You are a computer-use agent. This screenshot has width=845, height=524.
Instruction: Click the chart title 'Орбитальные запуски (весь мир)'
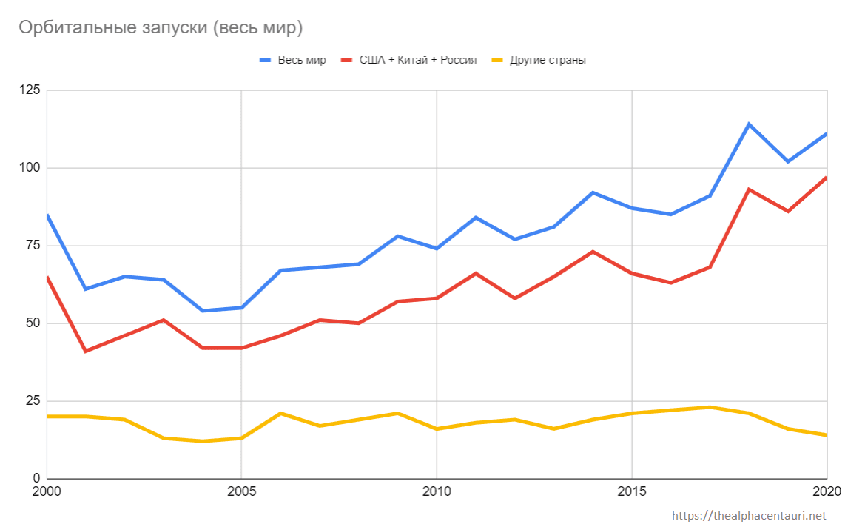pyautogui.click(x=161, y=28)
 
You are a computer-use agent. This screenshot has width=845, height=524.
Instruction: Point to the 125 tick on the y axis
pyautogui.click(x=30, y=90)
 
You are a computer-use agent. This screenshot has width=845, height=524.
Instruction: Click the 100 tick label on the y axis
pyautogui.click(x=30, y=168)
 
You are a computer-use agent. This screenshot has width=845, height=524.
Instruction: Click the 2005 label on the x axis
pyautogui.click(x=241, y=491)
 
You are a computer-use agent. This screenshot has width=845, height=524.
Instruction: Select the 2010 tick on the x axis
pyautogui.click(x=437, y=491)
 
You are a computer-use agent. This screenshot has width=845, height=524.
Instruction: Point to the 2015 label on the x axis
pyautogui.click(x=632, y=491)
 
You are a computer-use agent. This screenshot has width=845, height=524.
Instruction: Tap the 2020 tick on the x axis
pyautogui.click(x=826, y=491)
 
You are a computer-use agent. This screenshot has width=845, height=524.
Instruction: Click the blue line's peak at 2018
pyautogui.click(x=749, y=124)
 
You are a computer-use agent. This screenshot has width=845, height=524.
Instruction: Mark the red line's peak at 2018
pyautogui.click(x=749, y=189)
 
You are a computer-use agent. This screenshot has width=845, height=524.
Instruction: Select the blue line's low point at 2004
pyautogui.click(x=202, y=311)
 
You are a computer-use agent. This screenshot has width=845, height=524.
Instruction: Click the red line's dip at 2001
pyautogui.click(x=85, y=351)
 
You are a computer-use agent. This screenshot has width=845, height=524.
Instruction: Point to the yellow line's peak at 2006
pyautogui.click(x=280, y=413)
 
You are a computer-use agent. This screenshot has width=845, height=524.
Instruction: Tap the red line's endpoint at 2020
pyautogui.click(x=826, y=178)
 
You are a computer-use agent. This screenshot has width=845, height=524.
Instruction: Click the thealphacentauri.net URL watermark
pyautogui.click(x=748, y=515)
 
